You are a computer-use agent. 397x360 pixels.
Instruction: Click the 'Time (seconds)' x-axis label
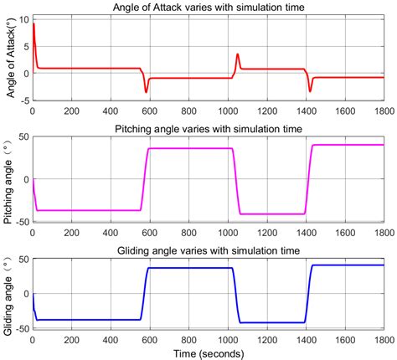coord(208,352)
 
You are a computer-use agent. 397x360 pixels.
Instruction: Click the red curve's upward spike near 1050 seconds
coord(237,55)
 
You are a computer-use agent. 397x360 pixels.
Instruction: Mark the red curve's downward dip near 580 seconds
coord(146,91)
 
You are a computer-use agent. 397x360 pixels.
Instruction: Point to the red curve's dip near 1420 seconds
coord(310,91)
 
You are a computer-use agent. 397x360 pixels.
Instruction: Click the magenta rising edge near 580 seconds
coord(145,180)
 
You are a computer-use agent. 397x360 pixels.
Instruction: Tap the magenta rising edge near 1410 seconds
coord(307,180)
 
